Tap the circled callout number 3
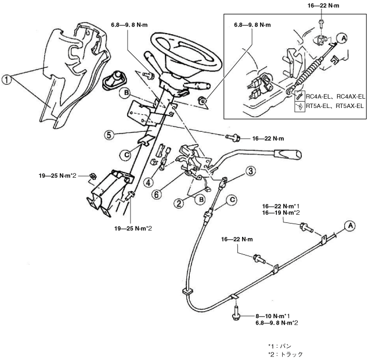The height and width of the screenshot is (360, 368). pos(250,171)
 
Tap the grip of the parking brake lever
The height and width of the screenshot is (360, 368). pos(288,154)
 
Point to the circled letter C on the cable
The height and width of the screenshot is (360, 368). pos(232,200)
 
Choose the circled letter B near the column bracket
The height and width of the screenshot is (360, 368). pos(126,92)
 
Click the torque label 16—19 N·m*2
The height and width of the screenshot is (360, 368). pos(281,214)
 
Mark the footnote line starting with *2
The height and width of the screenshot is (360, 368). pos(285,354)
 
